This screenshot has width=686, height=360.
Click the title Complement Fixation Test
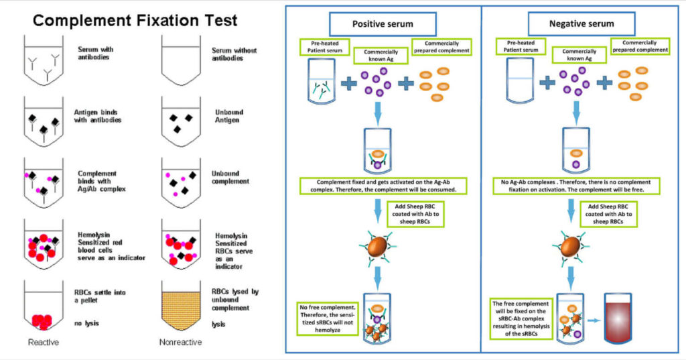(x=135, y=20)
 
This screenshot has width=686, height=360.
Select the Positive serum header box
(x=383, y=24)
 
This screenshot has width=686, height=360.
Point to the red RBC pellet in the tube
(x=43, y=321)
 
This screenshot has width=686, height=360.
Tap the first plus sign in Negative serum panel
(x=547, y=83)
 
